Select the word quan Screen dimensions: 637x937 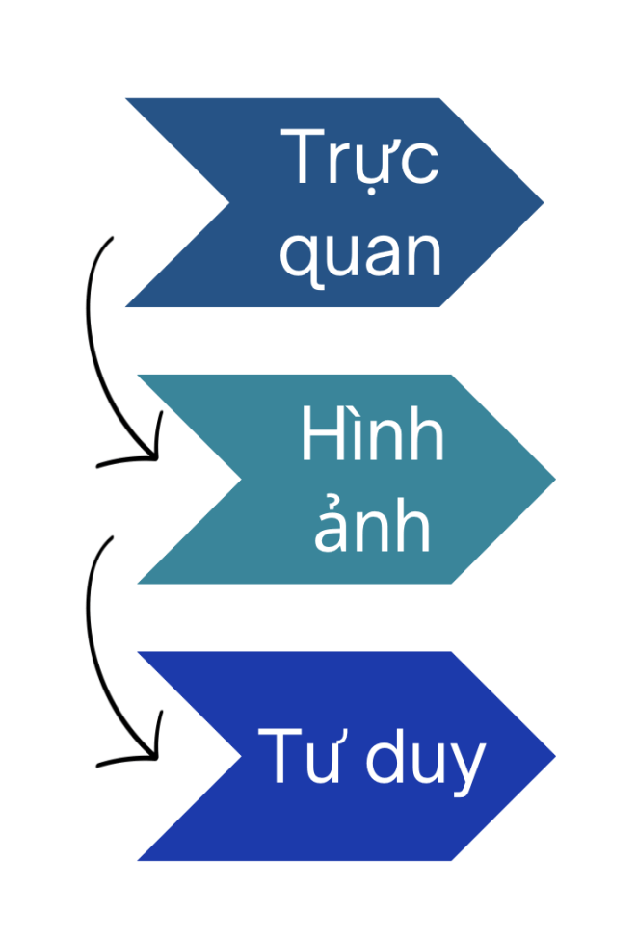(x=360, y=257)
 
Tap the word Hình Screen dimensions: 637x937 (x=372, y=432)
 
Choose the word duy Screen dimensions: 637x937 (x=425, y=762)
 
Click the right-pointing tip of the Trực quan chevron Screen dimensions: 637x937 (x=543, y=202)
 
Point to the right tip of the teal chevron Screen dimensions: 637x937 (x=555, y=479)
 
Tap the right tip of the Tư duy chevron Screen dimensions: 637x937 (x=555, y=756)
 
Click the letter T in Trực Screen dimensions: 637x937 (x=303, y=155)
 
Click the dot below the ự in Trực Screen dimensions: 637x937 (x=371, y=192)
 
